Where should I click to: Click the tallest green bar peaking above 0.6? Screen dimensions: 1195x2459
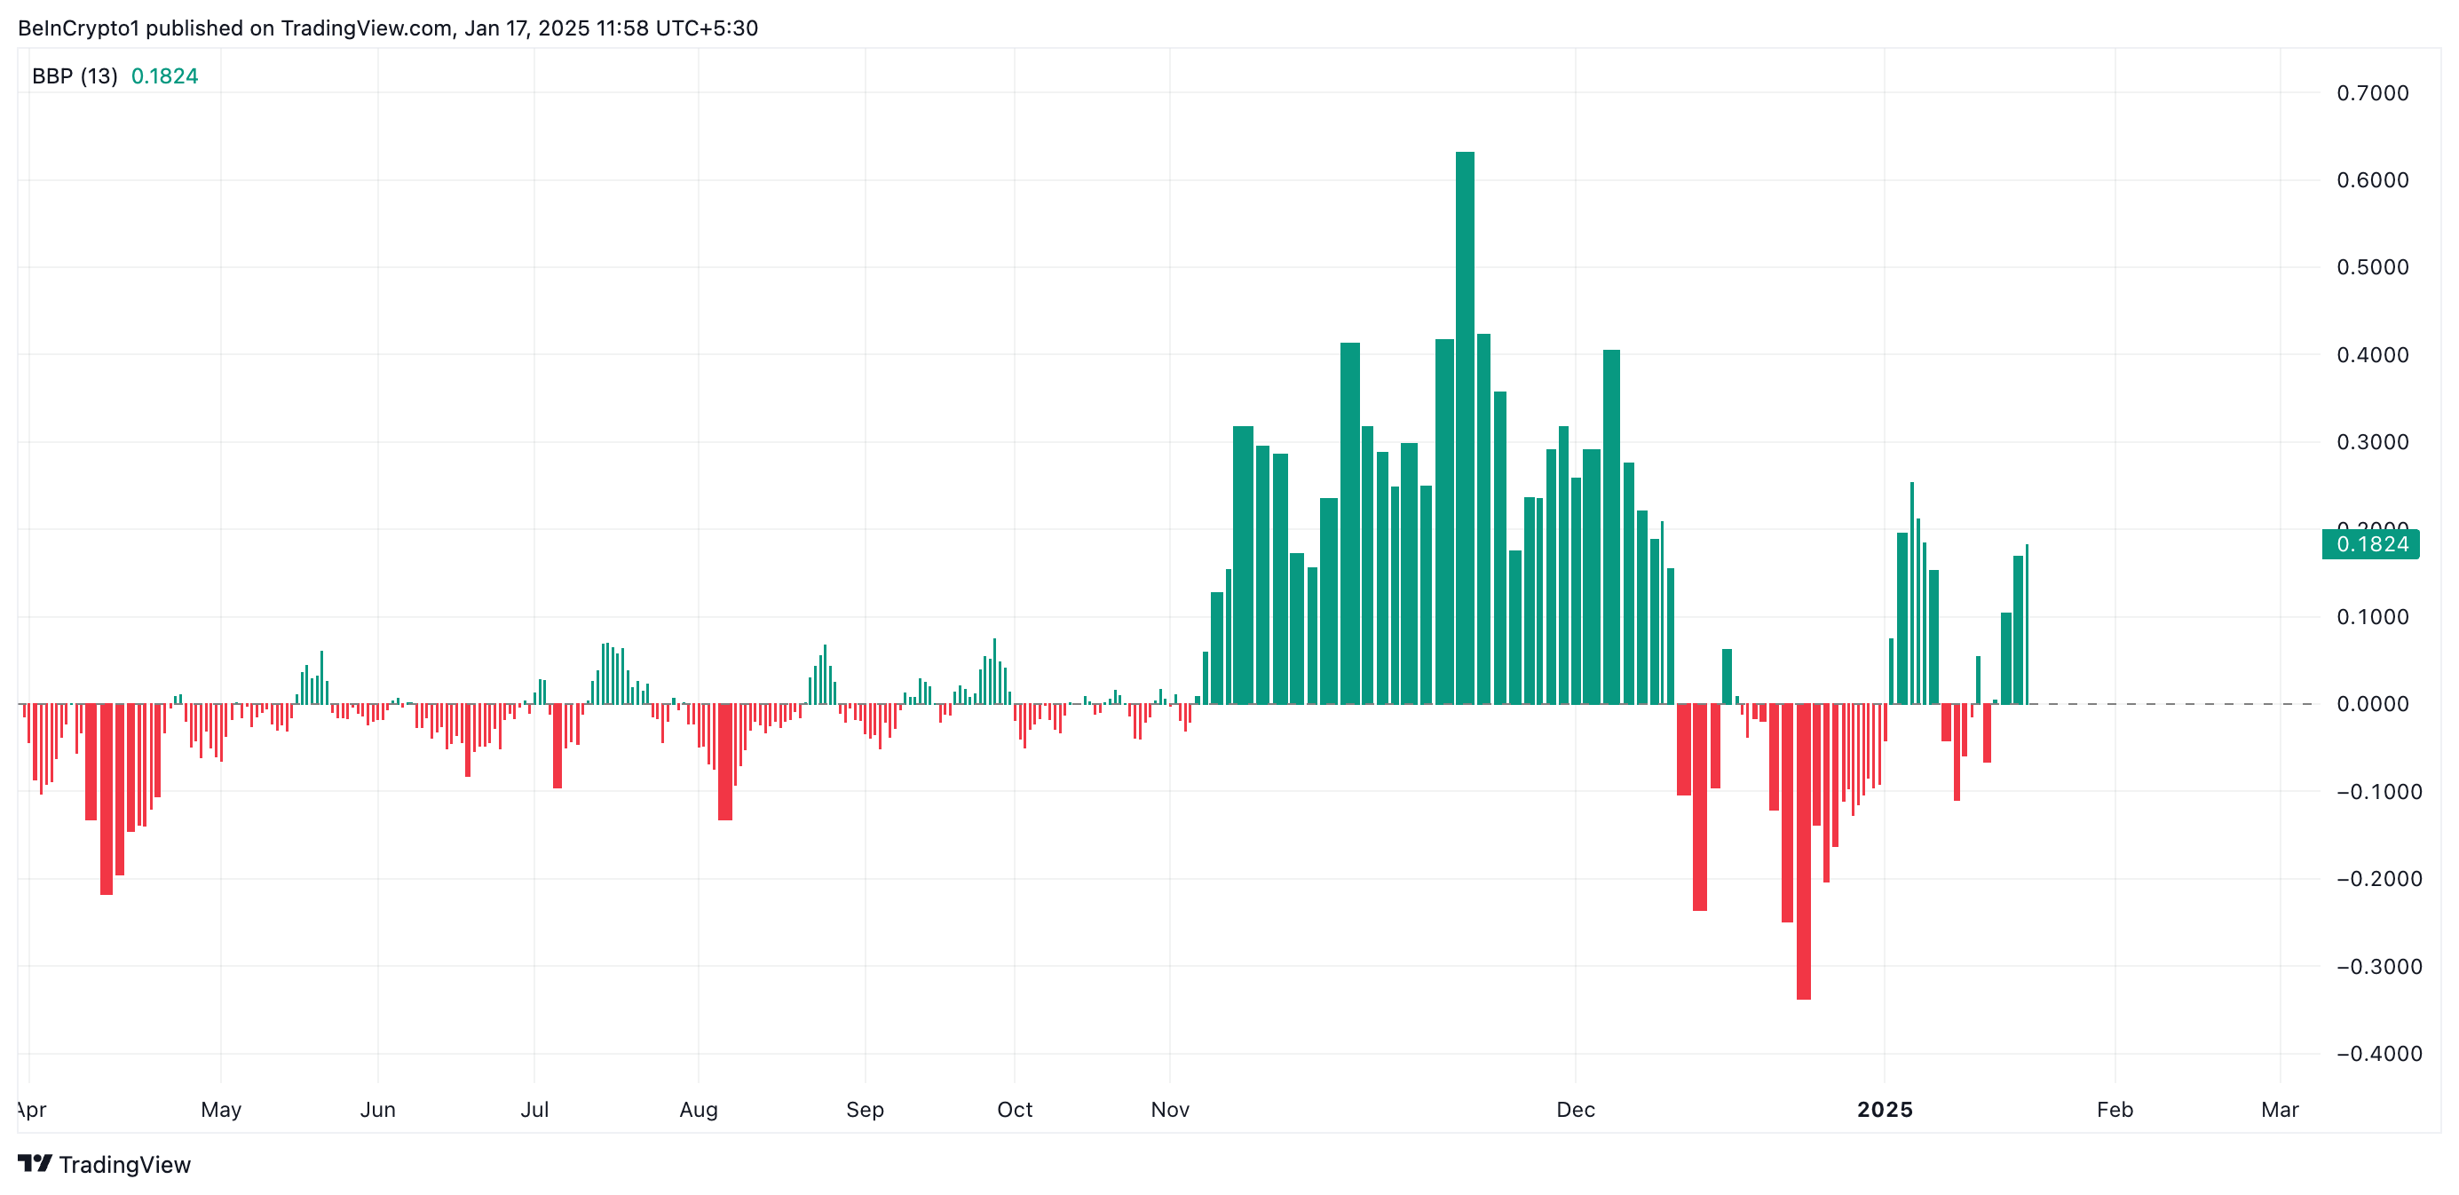[1465, 430]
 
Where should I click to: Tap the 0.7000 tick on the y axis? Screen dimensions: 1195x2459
[2372, 93]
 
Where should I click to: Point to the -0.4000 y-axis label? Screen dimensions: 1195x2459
[2378, 1054]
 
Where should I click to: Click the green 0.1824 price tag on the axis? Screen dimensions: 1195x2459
[2371, 544]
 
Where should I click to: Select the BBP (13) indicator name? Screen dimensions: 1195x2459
[75, 76]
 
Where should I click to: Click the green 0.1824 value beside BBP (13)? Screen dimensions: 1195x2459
[164, 76]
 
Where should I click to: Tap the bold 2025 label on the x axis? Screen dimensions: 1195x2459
[1885, 1109]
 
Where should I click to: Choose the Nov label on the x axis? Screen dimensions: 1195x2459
[1169, 1109]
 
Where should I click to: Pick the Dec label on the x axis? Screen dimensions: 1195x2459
[1575, 1109]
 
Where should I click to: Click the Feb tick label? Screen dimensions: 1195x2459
[2115, 1109]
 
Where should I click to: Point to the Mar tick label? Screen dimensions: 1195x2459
[2280, 1109]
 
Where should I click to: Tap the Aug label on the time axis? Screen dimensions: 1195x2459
[699, 1109]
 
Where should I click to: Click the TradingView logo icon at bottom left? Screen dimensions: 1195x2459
[36, 1164]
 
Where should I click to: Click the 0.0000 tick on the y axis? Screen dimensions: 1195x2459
[2372, 704]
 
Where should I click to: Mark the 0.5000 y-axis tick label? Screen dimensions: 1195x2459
[2372, 267]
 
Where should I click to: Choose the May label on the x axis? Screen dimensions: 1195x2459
[220, 1109]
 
